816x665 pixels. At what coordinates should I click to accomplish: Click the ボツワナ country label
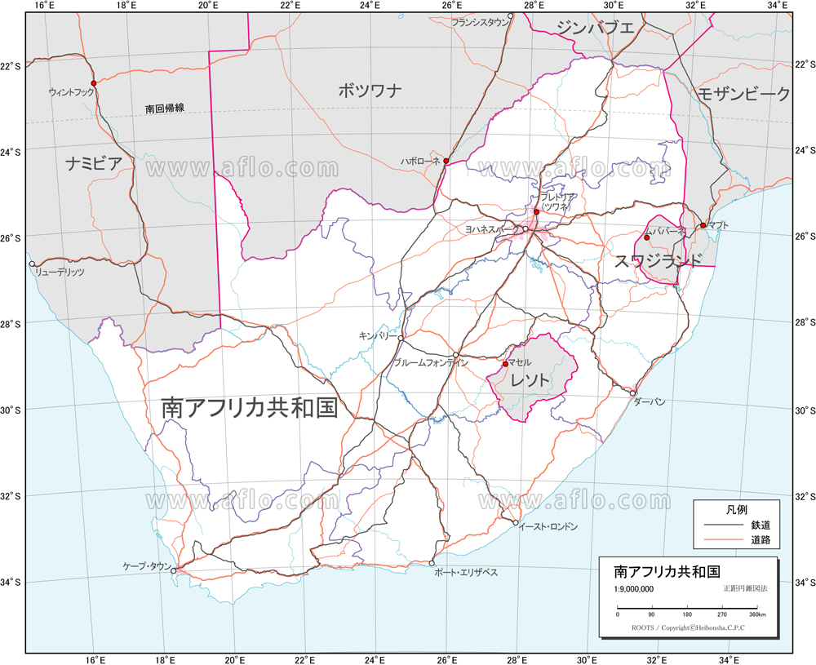[370, 91]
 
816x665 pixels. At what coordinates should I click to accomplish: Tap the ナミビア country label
[95, 164]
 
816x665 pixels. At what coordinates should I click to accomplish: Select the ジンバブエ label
[595, 28]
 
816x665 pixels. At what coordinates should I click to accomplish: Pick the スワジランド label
[658, 260]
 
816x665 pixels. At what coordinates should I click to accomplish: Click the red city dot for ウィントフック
[94, 83]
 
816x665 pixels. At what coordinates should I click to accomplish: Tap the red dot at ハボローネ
[446, 162]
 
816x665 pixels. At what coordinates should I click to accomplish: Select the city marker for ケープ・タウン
[174, 571]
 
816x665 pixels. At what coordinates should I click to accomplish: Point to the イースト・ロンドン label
[548, 527]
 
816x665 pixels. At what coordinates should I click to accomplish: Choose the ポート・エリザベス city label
[466, 573]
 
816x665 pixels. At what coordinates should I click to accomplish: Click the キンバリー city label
[377, 335]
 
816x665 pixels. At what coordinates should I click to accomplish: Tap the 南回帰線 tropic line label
[165, 108]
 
